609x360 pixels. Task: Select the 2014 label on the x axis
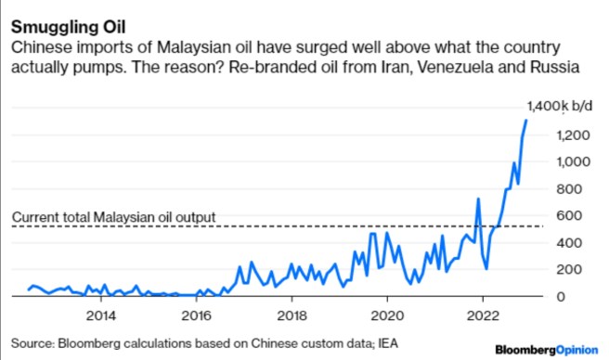(x=100, y=313)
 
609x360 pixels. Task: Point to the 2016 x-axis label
(x=196, y=313)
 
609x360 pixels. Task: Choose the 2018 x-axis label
(x=292, y=313)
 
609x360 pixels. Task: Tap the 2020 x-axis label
(x=387, y=313)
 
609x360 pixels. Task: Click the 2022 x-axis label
(x=483, y=313)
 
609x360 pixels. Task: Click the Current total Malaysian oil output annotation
(x=113, y=217)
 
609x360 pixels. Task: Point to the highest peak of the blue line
(x=526, y=120)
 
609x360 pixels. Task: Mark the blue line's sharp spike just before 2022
(x=478, y=199)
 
